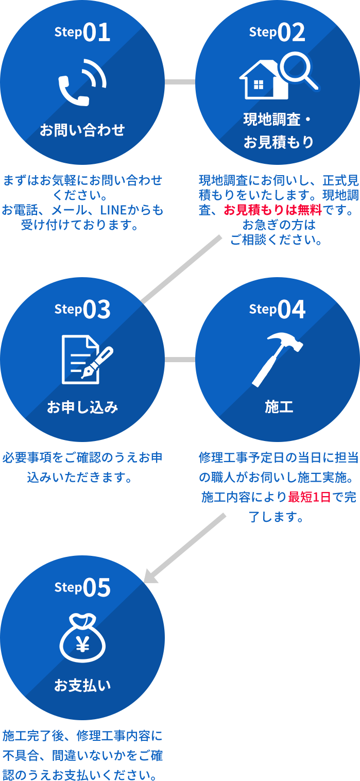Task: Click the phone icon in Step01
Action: [81, 82]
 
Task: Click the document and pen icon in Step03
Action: [86, 359]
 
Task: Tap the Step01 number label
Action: [82, 32]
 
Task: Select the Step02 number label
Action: [277, 32]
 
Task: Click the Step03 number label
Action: [82, 310]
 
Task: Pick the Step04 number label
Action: [277, 310]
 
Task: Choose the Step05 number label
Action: [82, 588]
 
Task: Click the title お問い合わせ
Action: [82, 130]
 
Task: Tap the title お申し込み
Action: [82, 408]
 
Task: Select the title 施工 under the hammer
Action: [279, 408]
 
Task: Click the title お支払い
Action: [82, 686]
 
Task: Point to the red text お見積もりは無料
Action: [272, 210]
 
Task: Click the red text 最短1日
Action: [309, 498]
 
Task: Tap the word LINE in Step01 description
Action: [114, 210]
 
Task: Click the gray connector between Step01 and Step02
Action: [180, 82]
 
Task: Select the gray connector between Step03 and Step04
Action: [180, 359]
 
